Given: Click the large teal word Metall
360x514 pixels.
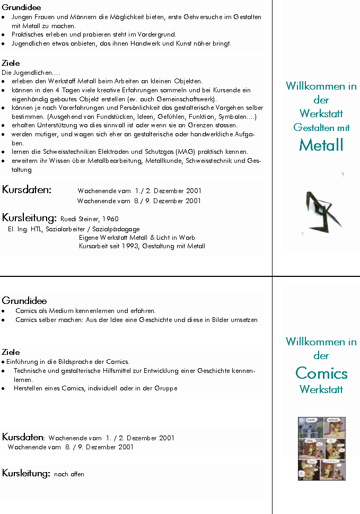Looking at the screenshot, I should pos(321,145).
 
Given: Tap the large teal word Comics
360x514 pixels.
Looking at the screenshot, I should pos(321,373).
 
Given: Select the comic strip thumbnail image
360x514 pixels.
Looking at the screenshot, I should pos(322,449).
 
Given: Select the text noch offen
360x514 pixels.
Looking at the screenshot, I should pos(69,474).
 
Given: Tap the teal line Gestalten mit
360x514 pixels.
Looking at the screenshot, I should pos(321,127).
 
